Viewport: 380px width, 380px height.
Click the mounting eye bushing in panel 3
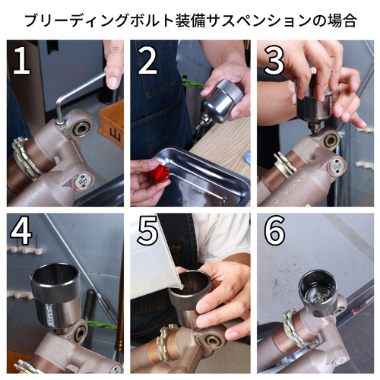click(x=330, y=141)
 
